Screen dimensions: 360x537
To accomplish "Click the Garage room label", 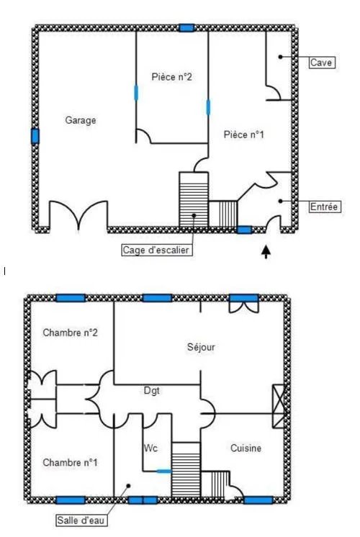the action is [81, 120].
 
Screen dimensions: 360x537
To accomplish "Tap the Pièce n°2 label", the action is [171, 77].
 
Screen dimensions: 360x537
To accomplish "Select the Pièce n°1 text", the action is [244, 135].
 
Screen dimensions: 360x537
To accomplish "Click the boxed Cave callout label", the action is [322, 63].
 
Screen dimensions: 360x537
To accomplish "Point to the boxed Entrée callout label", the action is [325, 207].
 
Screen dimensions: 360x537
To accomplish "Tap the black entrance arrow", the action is [266, 251].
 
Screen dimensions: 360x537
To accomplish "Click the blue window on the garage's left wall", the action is [35, 136].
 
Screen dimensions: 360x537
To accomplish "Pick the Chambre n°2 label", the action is [71, 333].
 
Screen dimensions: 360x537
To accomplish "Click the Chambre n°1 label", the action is [71, 463].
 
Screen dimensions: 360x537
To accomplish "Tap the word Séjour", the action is [201, 347].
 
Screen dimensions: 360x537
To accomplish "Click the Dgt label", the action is [151, 390].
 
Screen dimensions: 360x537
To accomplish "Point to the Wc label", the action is [150, 448].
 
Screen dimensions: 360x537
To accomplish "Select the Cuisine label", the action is [246, 448].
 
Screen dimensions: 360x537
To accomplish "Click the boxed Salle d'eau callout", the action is [81, 520].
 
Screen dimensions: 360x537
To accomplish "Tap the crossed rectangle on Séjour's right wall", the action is [279, 406].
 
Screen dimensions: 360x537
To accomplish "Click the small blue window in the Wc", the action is [164, 471].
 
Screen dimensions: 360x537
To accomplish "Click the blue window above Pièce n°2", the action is [186, 28].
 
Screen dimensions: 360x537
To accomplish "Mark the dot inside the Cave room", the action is [280, 57].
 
